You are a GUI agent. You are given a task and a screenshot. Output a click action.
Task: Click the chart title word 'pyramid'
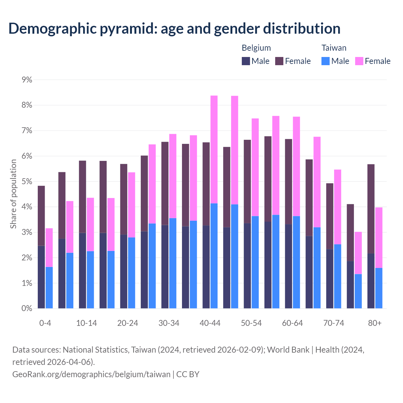click(x=128, y=29)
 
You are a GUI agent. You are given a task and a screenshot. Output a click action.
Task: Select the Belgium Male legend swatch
click(x=246, y=61)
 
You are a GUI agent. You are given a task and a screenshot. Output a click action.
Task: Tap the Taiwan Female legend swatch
click(x=359, y=61)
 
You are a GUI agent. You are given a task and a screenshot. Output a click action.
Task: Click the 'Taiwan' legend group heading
click(x=334, y=48)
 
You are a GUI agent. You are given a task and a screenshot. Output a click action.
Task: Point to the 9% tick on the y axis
click(x=27, y=80)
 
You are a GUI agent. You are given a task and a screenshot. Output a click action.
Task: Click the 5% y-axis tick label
click(x=27, y=182)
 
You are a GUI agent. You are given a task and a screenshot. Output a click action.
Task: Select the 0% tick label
click(x=27, y=309)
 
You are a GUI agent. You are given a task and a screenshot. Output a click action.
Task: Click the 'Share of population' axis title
click(x=13, y=194)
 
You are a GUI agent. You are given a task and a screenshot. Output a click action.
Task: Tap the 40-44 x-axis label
click(x=210, y=323)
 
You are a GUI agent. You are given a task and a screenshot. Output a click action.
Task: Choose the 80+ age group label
click(x=375, y=323)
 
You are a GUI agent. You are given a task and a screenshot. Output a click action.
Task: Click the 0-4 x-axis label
click(x=45, y=323)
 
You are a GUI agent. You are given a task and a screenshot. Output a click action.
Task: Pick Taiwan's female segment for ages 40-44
click(x=214, y=150)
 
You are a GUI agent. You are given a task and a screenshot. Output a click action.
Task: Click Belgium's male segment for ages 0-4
click(x=41, y=277)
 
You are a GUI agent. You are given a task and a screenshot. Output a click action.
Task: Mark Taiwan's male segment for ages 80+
click(x=379, y=288)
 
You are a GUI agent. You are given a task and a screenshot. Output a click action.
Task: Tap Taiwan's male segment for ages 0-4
click(x=49, y=288)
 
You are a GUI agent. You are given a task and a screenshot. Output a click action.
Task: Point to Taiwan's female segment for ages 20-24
click(x=132, y=205)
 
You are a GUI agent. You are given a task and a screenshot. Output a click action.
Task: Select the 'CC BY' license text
click(x=188, y=374)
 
